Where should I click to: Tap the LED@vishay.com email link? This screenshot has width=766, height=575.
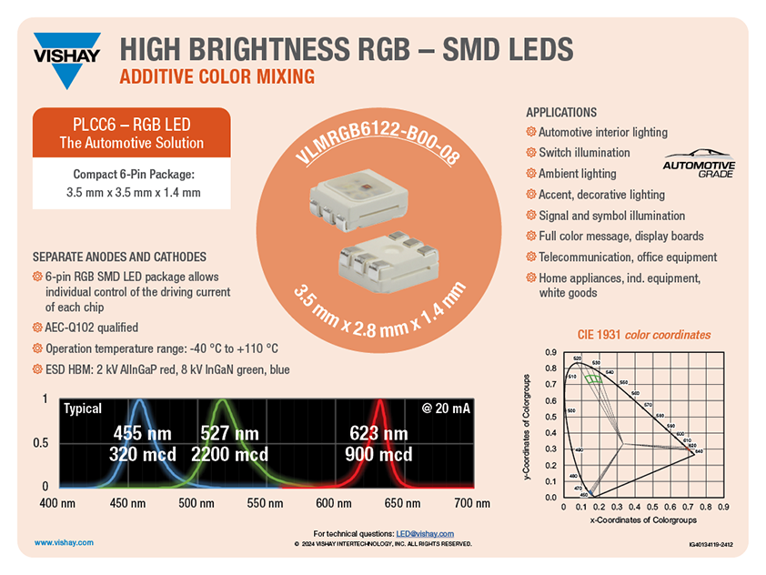[x=425, y=533]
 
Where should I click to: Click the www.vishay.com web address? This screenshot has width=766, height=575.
[x=64, y=541]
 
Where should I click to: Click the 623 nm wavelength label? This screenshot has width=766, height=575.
[x=378, y=433]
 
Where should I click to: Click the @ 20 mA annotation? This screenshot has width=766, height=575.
[x=446, y=409]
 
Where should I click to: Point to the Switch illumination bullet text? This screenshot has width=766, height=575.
[x=584, y=153]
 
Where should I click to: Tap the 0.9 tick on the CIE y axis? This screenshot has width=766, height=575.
[x=550, y=352]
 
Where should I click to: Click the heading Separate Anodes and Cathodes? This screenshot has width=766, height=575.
[x=119, y=257]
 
